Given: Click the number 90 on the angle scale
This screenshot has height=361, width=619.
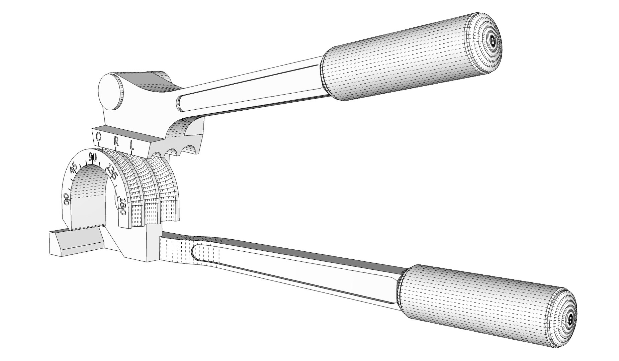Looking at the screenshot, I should [x=93, y=156].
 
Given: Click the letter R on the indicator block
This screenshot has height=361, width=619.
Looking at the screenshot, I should [x=116, y=141].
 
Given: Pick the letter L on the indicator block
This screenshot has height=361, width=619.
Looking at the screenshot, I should [x=132, y=145].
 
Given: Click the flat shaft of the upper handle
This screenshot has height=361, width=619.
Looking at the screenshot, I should [x=251, y=92].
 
